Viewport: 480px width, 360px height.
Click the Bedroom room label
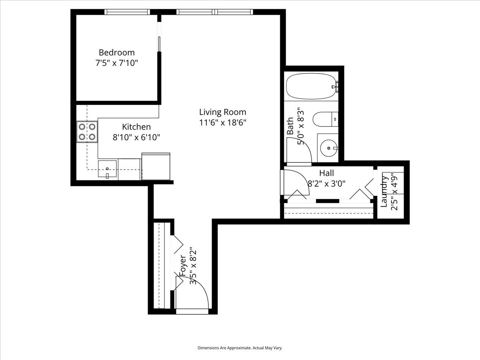[117, 52]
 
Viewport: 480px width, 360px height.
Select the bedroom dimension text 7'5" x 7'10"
[117, 63]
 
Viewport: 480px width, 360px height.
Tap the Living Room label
[223, 112]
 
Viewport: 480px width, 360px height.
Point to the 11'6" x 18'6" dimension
[223, 123]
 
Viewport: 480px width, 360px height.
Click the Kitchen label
[136, 127]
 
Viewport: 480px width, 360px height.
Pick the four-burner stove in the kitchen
[87, 132]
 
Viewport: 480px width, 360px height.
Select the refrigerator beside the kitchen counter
[156, 166]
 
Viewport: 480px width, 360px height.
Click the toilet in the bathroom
[325, 119]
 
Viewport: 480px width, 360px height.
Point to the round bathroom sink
[329, 148]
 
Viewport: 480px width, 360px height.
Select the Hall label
[326, 173]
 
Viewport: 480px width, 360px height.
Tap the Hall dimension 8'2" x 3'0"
[326, 184]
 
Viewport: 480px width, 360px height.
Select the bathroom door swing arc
[299, 150]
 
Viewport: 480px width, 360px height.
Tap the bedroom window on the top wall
[127, 12]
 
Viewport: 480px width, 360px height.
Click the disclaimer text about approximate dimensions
[240, 348]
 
